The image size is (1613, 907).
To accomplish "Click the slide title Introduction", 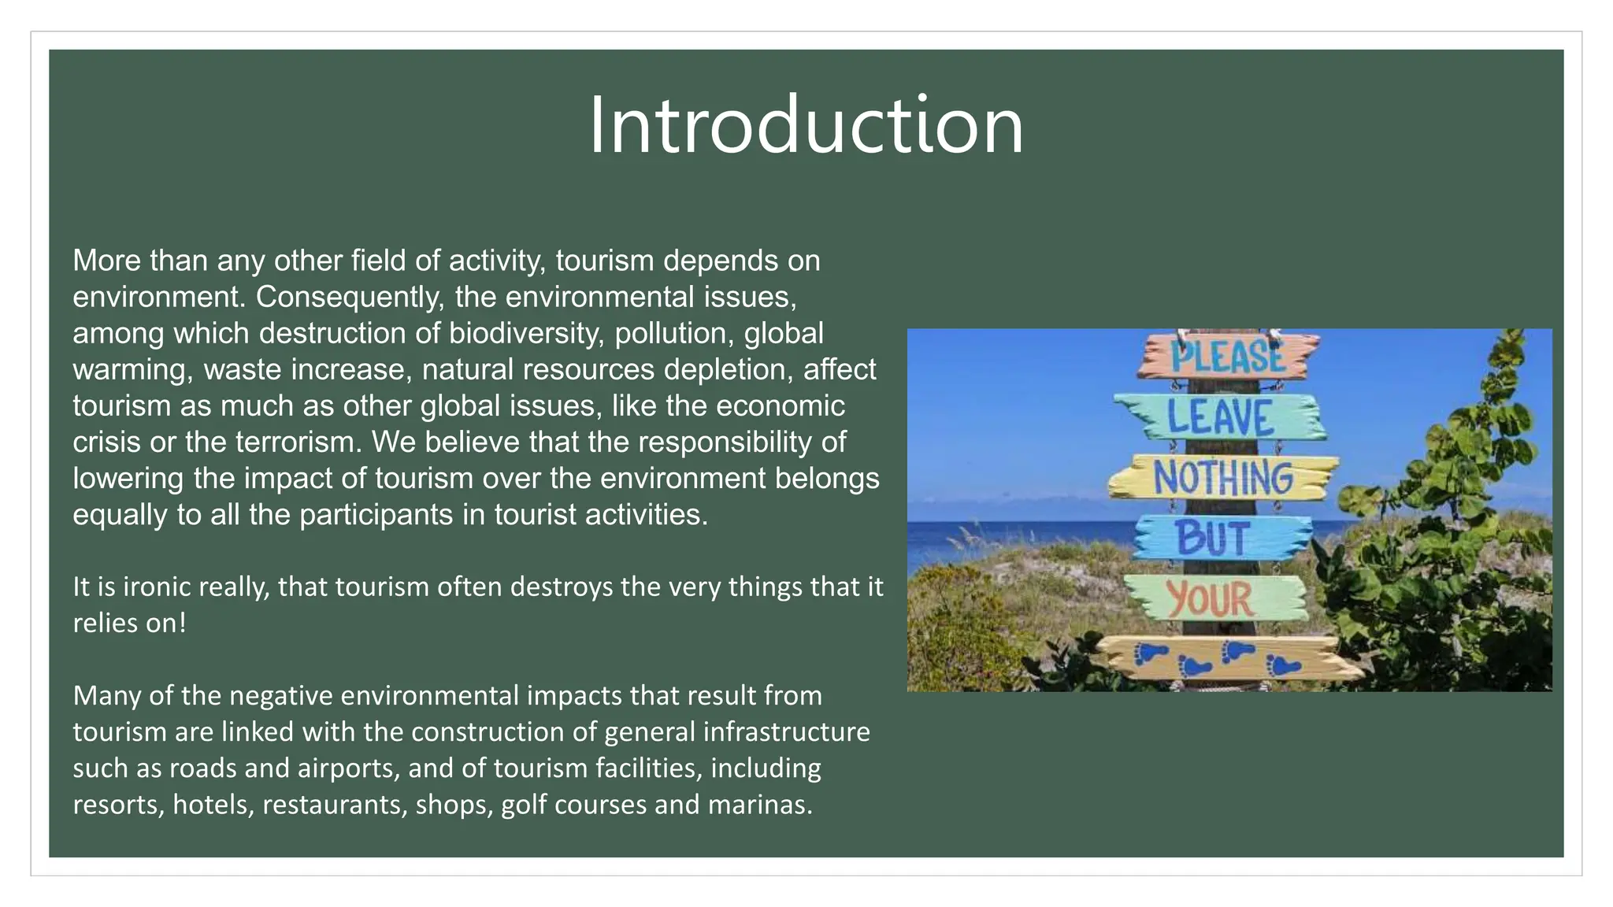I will click(806, 124).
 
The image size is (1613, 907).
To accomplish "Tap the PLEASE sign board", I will click(1227, 356).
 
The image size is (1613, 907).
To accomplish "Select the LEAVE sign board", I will click(1220, 416).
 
